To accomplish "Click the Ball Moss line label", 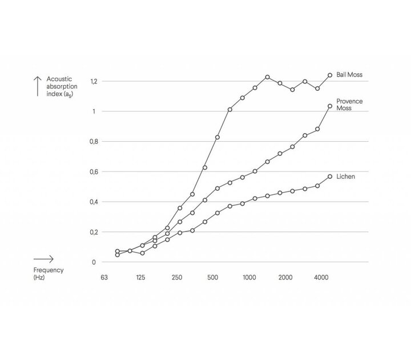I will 350,75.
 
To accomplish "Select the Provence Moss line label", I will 349,105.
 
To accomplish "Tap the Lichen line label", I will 346,177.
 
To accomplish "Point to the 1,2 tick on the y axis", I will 94,81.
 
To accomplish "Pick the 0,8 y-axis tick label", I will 94,142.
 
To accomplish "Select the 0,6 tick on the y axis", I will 94,172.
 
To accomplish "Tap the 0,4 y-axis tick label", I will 94,202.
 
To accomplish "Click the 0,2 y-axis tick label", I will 94,232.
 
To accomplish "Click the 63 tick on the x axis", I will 104,278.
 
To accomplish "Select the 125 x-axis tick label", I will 140,278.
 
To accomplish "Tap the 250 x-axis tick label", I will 177,278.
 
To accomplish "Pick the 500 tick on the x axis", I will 213,278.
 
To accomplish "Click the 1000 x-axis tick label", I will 249,278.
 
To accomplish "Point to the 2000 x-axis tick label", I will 285,278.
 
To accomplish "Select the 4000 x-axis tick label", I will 321,278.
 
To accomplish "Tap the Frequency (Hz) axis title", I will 48,273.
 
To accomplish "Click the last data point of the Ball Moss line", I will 330,75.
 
